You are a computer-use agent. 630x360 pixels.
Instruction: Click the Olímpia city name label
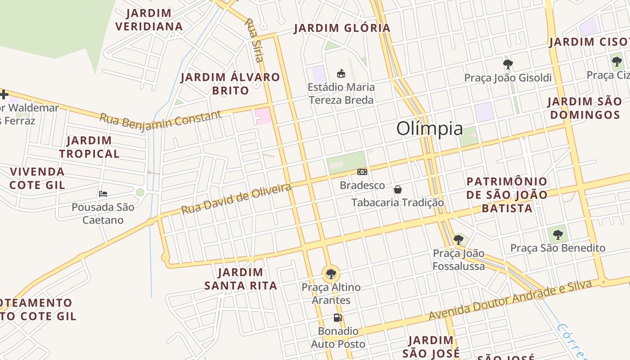(429, 129)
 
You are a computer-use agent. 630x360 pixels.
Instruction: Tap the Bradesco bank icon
(362, 172)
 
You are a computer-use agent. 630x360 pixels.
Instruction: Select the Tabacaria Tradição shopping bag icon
(398, 189)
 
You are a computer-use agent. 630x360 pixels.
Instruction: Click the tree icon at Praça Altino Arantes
(331, 274)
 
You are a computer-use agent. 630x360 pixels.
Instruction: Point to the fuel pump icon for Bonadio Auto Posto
(337, 318)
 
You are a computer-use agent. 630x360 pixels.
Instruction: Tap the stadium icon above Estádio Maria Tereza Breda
(341, 73)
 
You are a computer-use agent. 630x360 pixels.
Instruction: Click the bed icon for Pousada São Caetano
(103, 194)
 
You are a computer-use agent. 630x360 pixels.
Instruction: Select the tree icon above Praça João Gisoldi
(508, 64)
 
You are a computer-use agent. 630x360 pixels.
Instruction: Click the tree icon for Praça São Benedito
(558, 234)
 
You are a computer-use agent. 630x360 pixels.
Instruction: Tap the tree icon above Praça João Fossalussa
(459, 239)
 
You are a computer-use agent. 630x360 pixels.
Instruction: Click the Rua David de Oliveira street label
(236, 198)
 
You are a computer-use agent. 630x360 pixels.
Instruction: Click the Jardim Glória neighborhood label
(342, 28)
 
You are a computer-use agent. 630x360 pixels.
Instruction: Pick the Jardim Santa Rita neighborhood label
(241, 279)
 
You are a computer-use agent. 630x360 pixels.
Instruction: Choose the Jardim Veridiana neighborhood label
(149, 20)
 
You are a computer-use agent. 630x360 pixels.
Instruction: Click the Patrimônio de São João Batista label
(507, 195)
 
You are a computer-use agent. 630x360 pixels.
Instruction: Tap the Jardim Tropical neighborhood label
(89, 147)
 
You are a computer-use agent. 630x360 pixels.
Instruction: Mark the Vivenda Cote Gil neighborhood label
(37, 178)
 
